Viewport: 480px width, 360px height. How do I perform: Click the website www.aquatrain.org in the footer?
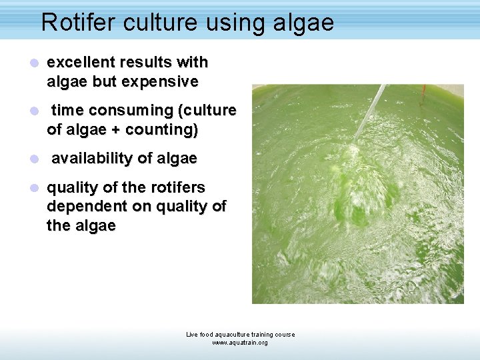pos(240,343)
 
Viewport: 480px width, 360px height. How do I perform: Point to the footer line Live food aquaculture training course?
pos(240,335)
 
